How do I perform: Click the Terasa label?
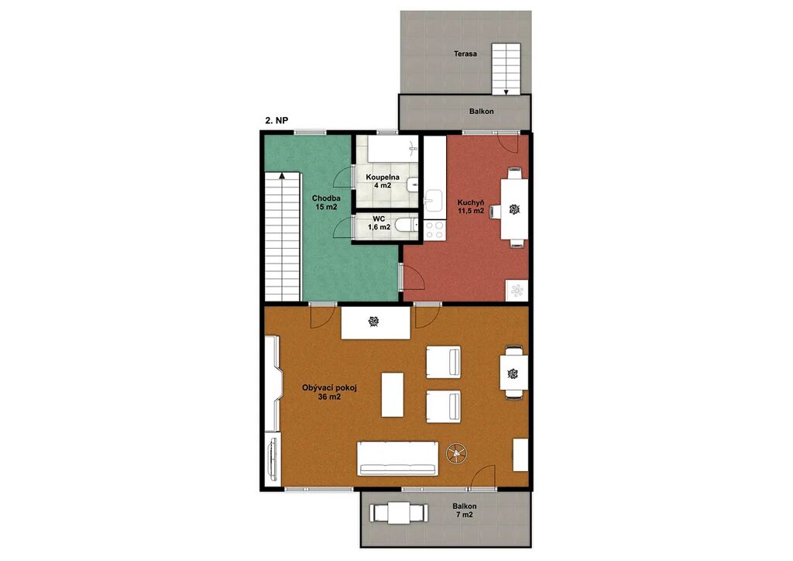pos(465,53)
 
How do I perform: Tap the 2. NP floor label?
pos(276,121)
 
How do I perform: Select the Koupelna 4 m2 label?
pos(383,181)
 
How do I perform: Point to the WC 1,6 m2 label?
pos(379,223)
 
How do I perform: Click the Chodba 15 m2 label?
pos(326,202)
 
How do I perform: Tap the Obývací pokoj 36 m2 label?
pos(329,393)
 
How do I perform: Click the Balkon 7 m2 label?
pos(465,511)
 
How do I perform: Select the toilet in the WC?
pos(406,225)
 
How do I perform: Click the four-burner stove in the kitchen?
pos(434,230)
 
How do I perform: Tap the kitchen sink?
pos(434,199)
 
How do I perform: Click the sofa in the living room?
pos(397,459)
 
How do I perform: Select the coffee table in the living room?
pos(393,394)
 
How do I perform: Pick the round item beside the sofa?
pos(457,453)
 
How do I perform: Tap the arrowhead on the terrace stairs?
pos(506,92)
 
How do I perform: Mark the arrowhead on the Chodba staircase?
pos(281,176)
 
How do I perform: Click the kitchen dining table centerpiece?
pos(514,209)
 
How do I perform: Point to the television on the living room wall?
pos(273,459)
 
